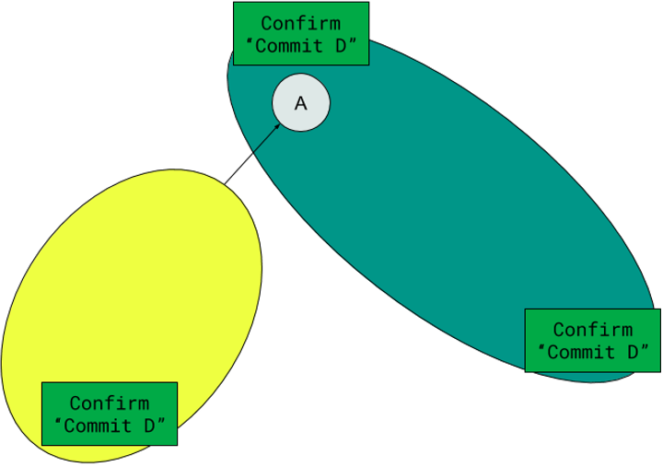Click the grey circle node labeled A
tap(300, 103)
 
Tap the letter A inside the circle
tap(300, 103)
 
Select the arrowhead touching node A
tap(276, 126)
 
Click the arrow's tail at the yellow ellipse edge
tap(225, 184)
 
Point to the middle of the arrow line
tap(252, 154)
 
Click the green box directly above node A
tap(301, 34)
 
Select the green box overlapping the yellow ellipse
tap(110, 414)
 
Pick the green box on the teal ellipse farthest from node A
tap(592, 341)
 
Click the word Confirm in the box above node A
tap(300, 23)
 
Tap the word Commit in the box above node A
tap(289, 46)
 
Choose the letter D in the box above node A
tap(342, 46)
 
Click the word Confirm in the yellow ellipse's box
tap(110, 403)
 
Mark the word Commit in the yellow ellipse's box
tap(98, 426)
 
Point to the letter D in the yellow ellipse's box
tap(150, 426)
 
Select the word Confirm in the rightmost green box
tap(593, 330)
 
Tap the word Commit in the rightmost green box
tap(581, 353)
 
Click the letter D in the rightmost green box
tap(634, 353)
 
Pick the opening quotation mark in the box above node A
tap(250, 41)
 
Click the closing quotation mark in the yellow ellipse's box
tap(161, 421)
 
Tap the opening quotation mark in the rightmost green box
tap(541, 348)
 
